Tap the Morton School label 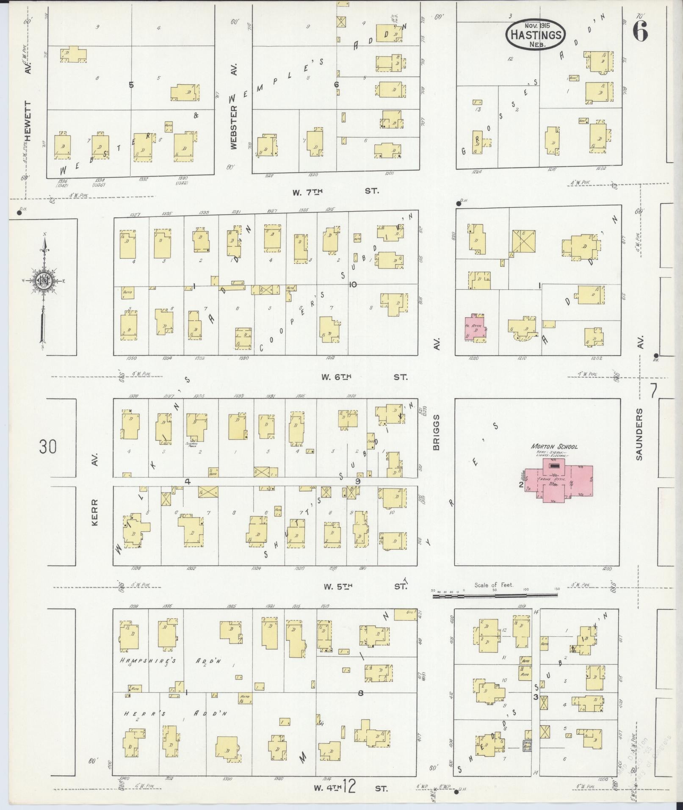tap(554, 447)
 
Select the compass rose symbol tap(43, 280)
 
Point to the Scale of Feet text tap(494, 585)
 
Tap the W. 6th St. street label tap(364, 377)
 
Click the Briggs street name tap(436, 431)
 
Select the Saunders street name tap(639, 434)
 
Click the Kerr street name tap(94, 512)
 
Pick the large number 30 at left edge tap(48, 447)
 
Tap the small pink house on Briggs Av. tap(475, 328)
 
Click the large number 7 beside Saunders tap(653, 390)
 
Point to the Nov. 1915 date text tap(536, 26)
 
